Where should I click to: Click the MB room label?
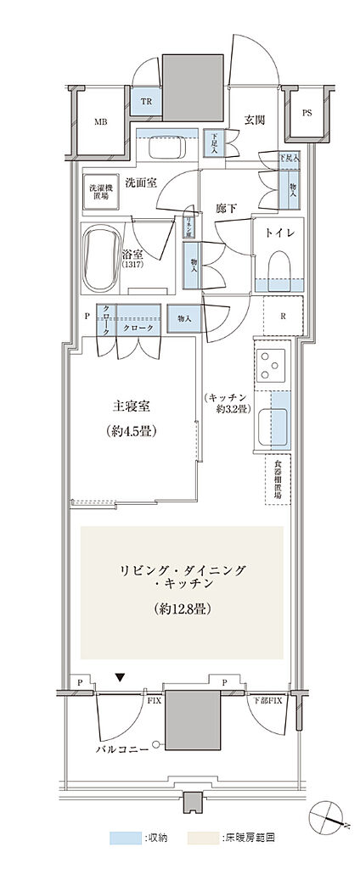[x=101, y=121]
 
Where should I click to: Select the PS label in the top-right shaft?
[x=306, y=113]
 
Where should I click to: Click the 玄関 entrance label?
[x=254, y=120]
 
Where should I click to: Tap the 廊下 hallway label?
[x=225, y=207]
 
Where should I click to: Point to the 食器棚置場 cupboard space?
[x=278, y=480]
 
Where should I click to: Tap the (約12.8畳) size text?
[x=183, y=608]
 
